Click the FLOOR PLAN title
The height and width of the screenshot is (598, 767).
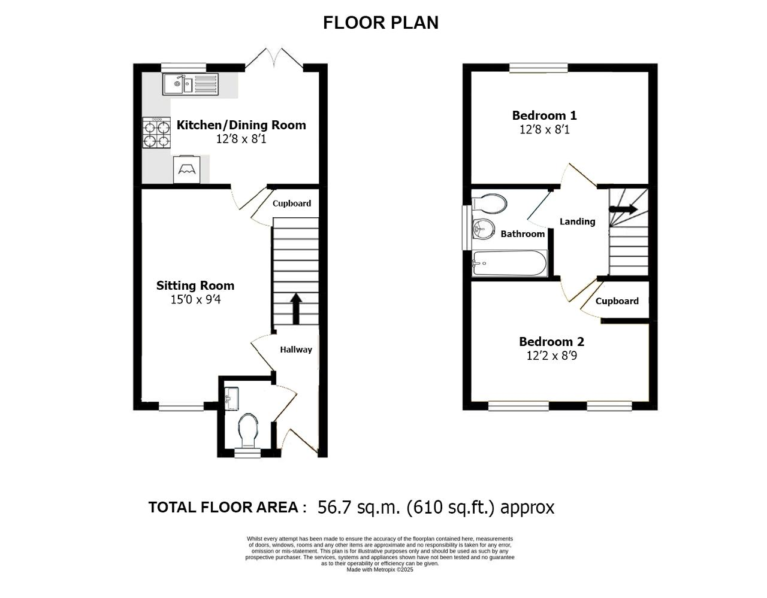click(x=381, y=23)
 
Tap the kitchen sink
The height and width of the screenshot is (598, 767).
click(x=190, y=84)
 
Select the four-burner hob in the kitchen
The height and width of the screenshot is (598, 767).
click(x=156, y=132)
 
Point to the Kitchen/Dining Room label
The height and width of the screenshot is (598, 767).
click(x=241, y=125)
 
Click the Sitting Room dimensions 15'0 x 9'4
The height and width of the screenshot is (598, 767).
click(x=195, y=299)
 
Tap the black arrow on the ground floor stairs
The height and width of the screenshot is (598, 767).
click(x=296, y=308)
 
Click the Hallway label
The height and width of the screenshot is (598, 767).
click(x=296, y=350)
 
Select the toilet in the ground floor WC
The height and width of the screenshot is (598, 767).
click(x=248, y=430)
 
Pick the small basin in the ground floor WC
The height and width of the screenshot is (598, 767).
click(x=231, y=399)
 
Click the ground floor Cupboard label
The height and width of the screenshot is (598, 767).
click(x=292, y=204)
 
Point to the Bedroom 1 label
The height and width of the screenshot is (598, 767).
click(x=544, y=116)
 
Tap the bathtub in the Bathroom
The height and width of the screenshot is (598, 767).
click(x=510, y=263)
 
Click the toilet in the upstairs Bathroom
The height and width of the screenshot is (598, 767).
click(x=490, y=204)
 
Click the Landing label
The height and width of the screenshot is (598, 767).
click(x=578, y=221)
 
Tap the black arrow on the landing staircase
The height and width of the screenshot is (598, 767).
click(x=623, y=209)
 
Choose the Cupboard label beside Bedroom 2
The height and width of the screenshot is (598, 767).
click(x=617, y=301)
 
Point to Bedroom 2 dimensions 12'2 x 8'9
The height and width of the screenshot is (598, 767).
click(x=552, y=356)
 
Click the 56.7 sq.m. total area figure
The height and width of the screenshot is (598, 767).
click(x=360, y=508)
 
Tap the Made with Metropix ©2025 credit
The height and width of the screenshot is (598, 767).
click(x=380, y=569)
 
